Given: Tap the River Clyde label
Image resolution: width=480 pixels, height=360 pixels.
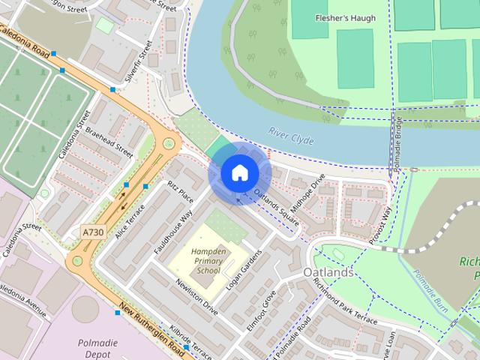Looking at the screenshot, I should tap(291, 136).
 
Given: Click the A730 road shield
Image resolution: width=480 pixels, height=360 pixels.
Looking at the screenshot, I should tap(93, 232).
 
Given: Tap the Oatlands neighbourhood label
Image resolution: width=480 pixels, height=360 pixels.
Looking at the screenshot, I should tap(328, 273).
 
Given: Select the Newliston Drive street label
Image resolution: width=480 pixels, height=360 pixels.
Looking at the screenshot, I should tap(196, 298).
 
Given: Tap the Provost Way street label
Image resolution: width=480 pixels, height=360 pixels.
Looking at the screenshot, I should tap(380, 225).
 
